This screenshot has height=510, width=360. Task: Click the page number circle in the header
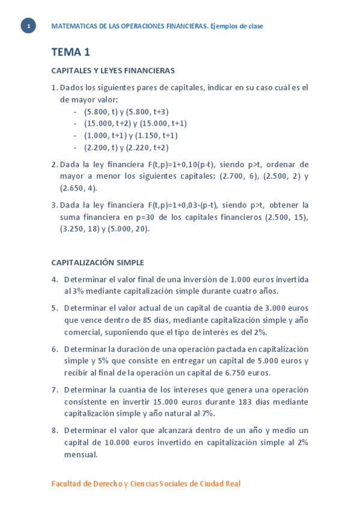[x=28, y=26]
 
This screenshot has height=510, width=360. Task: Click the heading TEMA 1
[x=70, y=52]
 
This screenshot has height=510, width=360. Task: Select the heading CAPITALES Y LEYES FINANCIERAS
[x=113, y=70]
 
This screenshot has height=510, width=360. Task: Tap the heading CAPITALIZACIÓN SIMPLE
[x=97, y=262]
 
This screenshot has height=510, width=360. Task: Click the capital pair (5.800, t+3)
[x=147, y=111]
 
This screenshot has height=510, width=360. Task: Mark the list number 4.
[x=55, y=279]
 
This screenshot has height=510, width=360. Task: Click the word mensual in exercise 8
[x=81, y=455]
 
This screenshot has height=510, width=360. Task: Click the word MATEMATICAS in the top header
[x=75, y=26]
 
